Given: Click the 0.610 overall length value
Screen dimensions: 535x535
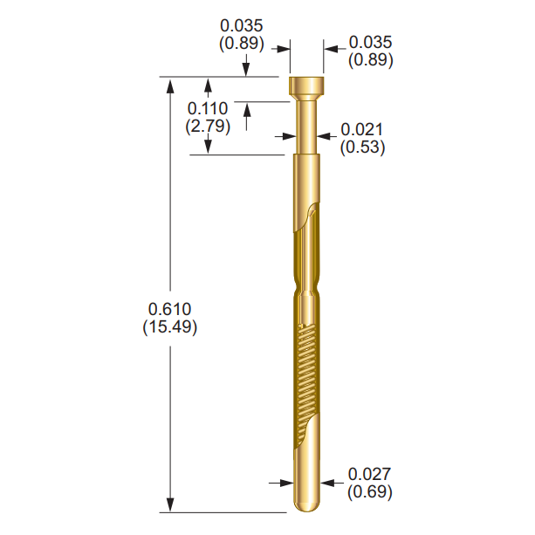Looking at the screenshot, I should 170,310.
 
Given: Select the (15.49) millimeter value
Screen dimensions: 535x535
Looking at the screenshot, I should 170,327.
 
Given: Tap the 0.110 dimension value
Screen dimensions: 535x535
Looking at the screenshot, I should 208,108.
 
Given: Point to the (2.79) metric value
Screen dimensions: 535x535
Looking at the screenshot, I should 208,126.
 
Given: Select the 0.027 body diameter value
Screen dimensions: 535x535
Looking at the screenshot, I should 369,474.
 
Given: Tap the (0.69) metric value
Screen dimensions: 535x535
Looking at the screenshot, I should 369,491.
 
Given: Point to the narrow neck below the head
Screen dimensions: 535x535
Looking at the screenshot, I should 305,127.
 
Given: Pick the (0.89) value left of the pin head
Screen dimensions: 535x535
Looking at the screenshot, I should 241,42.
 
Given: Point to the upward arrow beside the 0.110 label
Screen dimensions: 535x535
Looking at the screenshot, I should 248,112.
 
